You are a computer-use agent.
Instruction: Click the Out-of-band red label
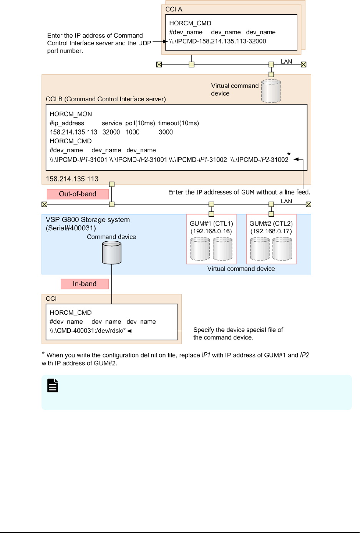point(78,194)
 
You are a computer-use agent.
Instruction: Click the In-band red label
point(85,284)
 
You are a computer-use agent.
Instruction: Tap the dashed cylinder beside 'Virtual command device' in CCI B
point(271,91)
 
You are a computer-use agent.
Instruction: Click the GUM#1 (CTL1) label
point(211,224)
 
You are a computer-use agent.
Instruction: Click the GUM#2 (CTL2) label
point(271,224)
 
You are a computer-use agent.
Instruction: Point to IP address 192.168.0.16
point(211,231)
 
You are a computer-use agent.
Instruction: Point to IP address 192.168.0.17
point(271,231)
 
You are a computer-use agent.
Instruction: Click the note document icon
point(53,385)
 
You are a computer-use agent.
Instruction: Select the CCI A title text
point(174,9)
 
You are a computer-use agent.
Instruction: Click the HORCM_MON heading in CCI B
point(71,114)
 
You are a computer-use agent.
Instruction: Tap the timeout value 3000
point(166,132)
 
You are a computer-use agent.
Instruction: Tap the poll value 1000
point(133,132)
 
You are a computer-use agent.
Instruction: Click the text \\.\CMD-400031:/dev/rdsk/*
point(88,330)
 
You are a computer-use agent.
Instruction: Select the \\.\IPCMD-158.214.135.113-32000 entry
point(217,41)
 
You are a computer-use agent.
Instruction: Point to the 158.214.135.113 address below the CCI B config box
point(72,179)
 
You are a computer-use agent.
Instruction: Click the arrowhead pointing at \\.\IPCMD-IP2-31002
point(295,160)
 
